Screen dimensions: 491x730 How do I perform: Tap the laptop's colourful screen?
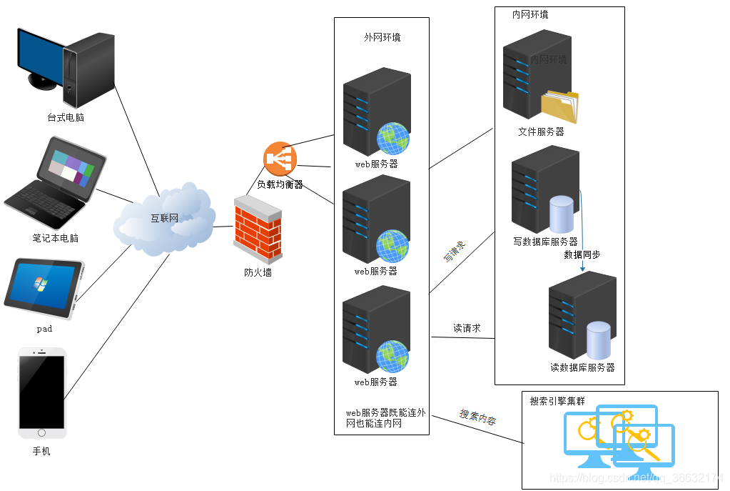click(x=69, y=169)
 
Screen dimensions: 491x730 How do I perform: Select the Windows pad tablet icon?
click(x=44, y=289)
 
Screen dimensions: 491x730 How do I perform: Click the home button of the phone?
click(x=42, y=432)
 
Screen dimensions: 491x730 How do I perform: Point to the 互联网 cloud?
click(x=164, y=219)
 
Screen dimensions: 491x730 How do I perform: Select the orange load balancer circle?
click(x=280, y=158)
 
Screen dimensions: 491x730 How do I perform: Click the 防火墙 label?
click(x=258, y=272)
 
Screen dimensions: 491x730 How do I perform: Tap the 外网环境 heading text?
click(x=382, y=37)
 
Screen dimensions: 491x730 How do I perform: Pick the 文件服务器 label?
click(x=541, y=132)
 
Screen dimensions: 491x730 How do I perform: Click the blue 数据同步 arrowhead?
click(x=583, y=269)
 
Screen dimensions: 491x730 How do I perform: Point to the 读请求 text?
click(x=467, y=329)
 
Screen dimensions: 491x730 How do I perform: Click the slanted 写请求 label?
click(x=454, y=252)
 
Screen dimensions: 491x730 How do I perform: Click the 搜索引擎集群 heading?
click(x=557, y=401)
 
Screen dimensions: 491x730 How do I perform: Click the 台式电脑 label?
click(x=66, y=117)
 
